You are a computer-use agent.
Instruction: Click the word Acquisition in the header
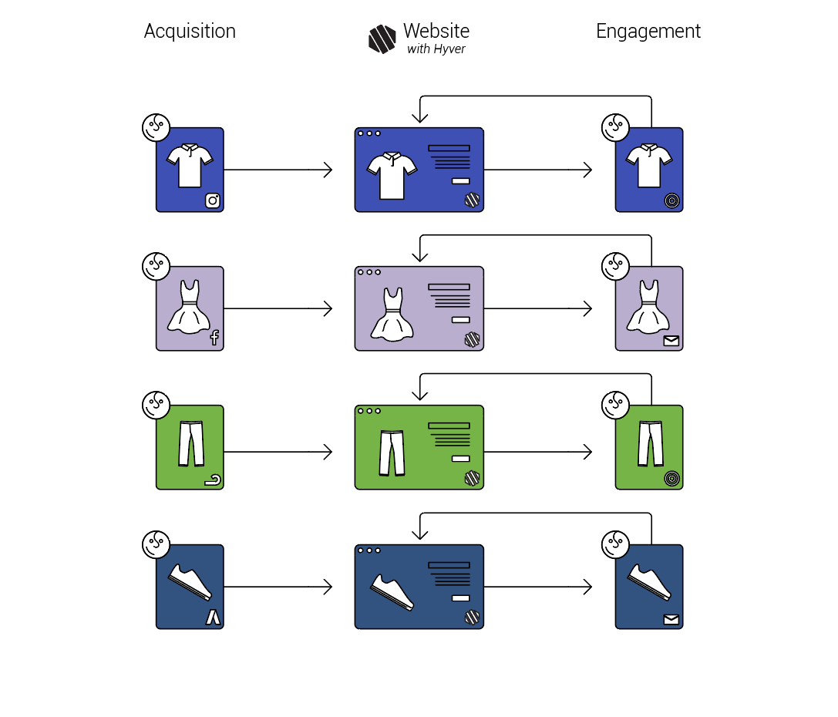pyautogui.click(x=190, y=32)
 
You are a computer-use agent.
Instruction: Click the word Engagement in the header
pyautogui.click(x=648, y=32)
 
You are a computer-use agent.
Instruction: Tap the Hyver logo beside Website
pyautogui.click(x=382, y=39)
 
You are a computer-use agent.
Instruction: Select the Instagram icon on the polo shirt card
pyautogui.click(x=213, y=200)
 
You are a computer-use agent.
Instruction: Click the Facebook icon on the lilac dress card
pyautogui.click(x=214, y=337)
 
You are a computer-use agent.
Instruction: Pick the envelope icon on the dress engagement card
pyautogui.click(x=671, y=340)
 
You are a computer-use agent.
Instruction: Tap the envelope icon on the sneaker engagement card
pyautogui.click(x=671, y=619)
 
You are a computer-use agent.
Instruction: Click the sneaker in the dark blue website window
pyautogui.click(x=392, y=592)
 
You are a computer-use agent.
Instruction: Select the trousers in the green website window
pyautogui.click(x=391, y=453)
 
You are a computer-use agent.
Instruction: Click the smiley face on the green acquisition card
pyautogui.click(x=156, y=405)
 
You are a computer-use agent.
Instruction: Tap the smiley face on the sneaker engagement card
pyautogui.click(x=615, y=544)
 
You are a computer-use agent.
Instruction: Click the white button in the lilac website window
pyautogui.click(x=460, y=319)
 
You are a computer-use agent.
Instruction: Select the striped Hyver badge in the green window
pyautogui.click(x=472, y=478)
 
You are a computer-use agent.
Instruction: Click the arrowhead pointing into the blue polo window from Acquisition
pyautogui.click(x=328, y=170)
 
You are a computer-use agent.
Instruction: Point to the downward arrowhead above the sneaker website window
pyautogui.click(x=419, y=533)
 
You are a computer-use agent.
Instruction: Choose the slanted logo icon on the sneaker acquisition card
pyautogui.click(x=213, y=618)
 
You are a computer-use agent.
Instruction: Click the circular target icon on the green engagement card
pyautogui.click(x=672, y=479)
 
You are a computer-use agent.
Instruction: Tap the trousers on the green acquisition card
pyautogui.click(x=190, y=443)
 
